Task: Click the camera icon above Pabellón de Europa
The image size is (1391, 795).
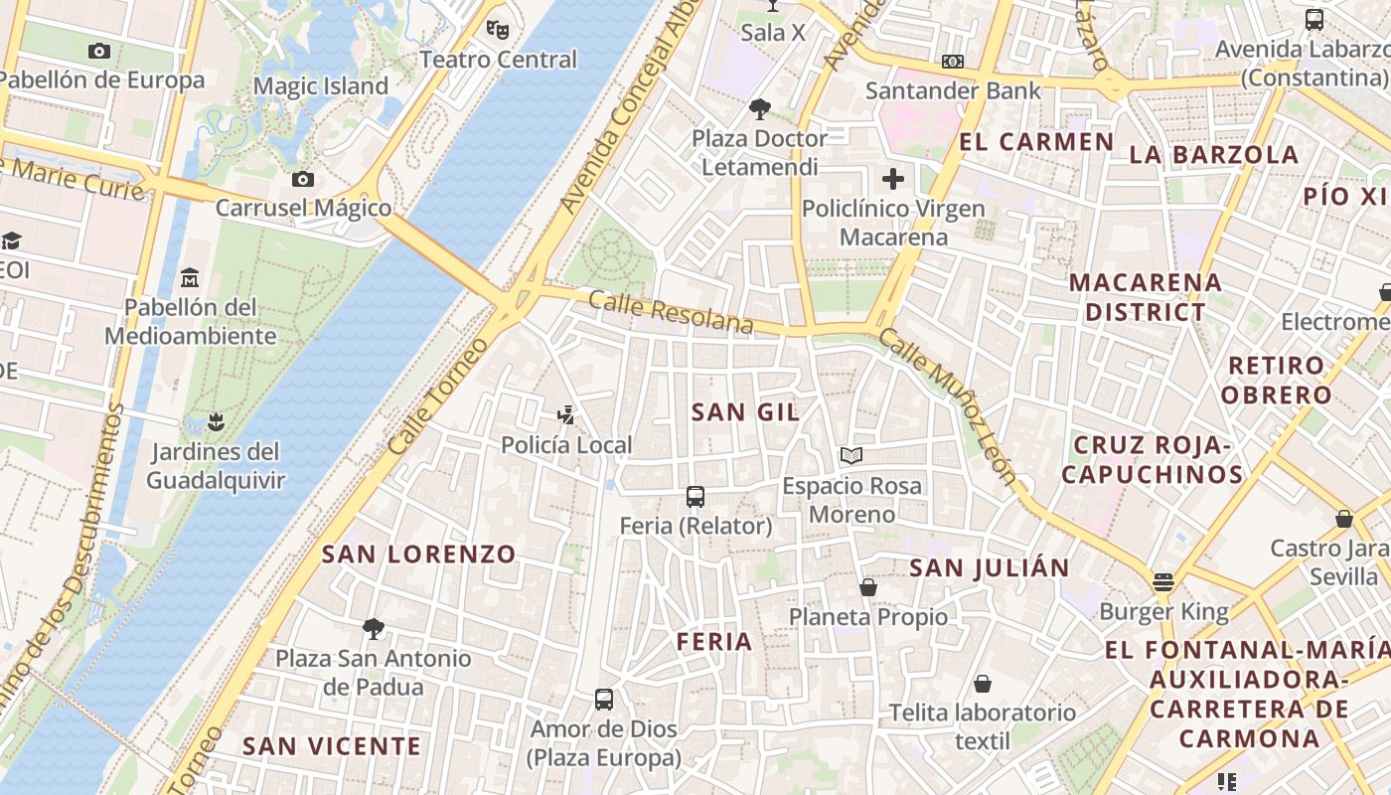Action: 99,51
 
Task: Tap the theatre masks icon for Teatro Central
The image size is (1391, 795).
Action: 498,29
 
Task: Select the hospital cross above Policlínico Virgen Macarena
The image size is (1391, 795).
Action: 893,179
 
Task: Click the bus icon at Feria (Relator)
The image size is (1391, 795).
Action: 695,496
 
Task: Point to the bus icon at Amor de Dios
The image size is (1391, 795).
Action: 604,699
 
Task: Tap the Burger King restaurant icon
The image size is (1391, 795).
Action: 1163,582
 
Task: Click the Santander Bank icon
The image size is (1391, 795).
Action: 953,62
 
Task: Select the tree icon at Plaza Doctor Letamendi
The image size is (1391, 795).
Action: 760,108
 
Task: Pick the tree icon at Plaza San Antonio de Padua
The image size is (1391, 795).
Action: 374,628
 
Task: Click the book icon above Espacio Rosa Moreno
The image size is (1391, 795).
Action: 851,456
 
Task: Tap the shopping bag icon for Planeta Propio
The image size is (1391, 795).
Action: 868,587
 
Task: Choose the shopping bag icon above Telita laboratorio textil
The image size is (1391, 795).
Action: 983,683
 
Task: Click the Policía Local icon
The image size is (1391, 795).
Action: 566,415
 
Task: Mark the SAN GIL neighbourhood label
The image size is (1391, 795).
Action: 745,412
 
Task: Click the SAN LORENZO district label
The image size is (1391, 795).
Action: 419,555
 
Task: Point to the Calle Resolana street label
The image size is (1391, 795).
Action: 671,312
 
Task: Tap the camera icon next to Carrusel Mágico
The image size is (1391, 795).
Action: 303,179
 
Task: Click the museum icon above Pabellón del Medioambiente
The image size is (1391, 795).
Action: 190,277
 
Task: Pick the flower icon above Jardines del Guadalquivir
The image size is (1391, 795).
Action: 215,422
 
